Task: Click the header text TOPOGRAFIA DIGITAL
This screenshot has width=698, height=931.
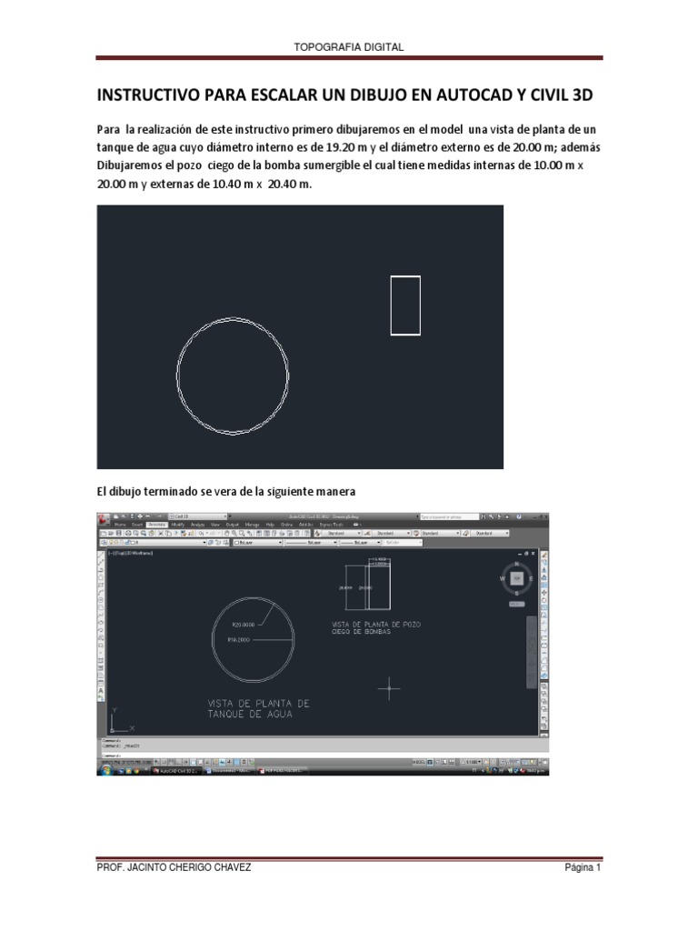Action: point(349,46)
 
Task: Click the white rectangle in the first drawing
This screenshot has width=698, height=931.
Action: point(405,305)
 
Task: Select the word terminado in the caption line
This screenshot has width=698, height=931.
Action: point(170,491)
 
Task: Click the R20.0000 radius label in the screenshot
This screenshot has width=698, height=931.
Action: point(243,625)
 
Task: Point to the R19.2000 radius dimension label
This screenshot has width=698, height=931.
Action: point(241,640)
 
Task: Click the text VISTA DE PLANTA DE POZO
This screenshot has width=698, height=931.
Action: point(376,625)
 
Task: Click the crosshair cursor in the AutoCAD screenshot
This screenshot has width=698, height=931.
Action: point(389,688)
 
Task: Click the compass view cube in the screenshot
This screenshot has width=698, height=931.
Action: point(516,578)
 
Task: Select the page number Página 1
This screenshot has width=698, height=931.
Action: point(582,867)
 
